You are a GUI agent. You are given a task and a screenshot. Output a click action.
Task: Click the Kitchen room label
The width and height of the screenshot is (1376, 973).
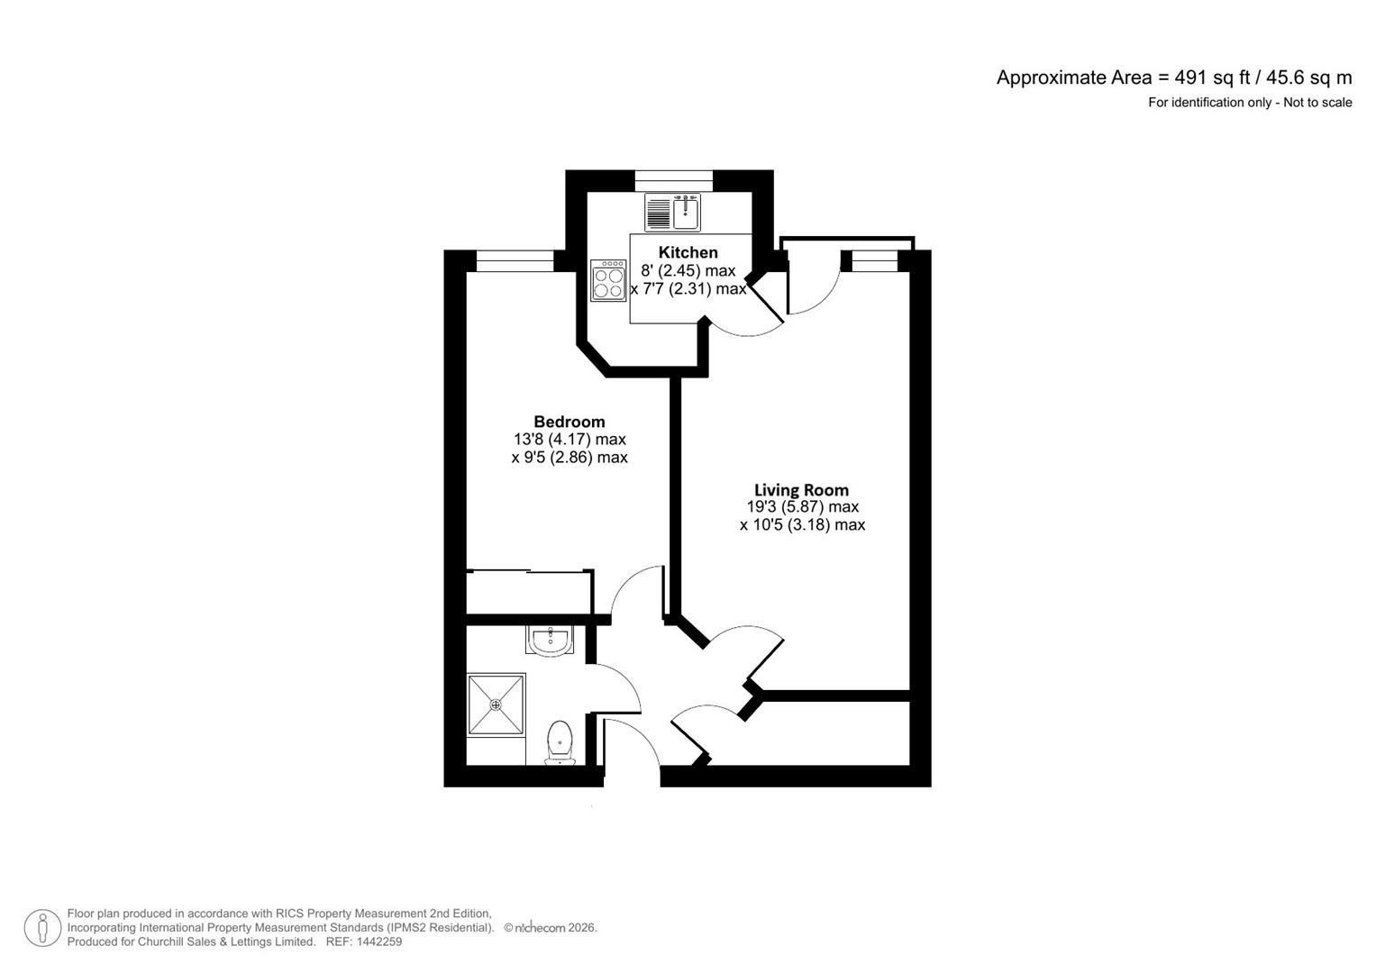point(688,252)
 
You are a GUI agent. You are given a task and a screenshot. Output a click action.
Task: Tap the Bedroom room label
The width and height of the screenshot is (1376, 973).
point(569,422)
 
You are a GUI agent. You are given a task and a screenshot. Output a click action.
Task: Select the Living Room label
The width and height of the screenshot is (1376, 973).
point(801,490)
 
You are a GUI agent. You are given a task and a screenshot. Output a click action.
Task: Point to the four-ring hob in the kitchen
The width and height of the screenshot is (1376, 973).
point(608,280)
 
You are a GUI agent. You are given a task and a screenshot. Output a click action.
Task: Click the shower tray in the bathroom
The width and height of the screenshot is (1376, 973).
point(496,705)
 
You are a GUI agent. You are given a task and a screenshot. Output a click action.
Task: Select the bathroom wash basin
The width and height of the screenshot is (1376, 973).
point(550,641)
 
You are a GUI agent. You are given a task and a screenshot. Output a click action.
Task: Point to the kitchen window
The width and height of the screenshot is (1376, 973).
point(673,180)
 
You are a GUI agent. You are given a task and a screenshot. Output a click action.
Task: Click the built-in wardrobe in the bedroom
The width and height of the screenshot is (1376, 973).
point(529,592)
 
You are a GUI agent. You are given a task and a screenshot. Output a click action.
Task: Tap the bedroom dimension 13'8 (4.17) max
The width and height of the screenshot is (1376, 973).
point(569,440)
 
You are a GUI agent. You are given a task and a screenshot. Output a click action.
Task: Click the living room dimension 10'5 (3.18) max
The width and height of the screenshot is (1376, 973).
point(802,525)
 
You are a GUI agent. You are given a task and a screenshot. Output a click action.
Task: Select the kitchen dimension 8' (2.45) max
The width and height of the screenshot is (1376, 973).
point(688,271)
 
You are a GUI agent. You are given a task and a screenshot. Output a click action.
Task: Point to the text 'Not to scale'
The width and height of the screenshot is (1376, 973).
point(1317,103)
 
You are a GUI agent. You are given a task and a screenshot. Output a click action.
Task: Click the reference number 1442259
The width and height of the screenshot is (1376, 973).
point(379,941)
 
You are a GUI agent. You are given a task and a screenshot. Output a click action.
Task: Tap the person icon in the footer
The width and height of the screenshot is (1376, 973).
point(42,928)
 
